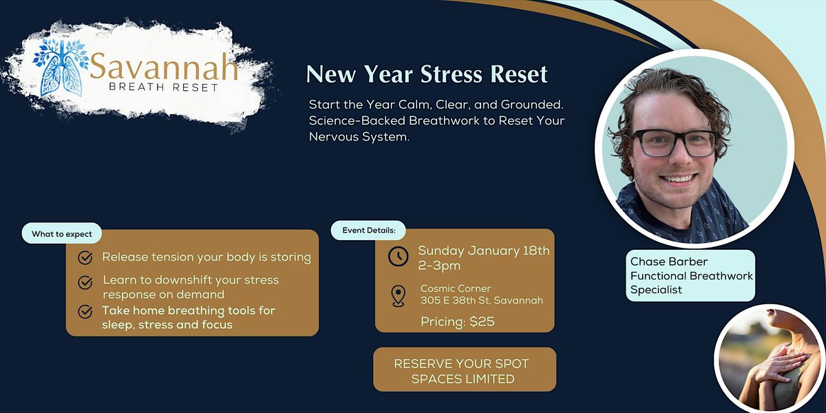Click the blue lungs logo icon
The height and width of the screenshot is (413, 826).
(x=61, y=68)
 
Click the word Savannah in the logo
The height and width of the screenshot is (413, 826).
(x=164, y=66)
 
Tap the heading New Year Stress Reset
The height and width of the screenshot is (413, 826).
(x=427, y=74)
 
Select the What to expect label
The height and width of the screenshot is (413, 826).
(x=61, y=234)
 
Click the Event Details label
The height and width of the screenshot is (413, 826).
(x=369, y=231)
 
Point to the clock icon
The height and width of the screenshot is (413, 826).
(x=399, y=256)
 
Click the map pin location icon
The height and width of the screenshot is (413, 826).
(x=399, y=296)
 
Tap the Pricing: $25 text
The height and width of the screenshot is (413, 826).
(x=458, y=321)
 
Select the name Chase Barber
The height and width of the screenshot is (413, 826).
(x=668, y=262)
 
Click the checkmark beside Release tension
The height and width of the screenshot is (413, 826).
(x=85, y=257)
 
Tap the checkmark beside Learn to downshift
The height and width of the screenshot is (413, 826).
(x=85, y=283)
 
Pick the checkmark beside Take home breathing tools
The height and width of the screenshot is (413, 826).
(x=85, y=312)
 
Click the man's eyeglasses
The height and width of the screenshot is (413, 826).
(x=674, y=143)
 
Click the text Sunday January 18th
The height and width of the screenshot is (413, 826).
(x=484, y=251)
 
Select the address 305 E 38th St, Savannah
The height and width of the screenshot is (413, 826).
(x=482, y=301)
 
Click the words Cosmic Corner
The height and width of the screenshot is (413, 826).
(x=456, y=288)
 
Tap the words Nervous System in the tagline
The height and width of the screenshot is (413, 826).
(x=359, y=137)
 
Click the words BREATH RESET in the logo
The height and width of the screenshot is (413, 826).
(x=164, y=87)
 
